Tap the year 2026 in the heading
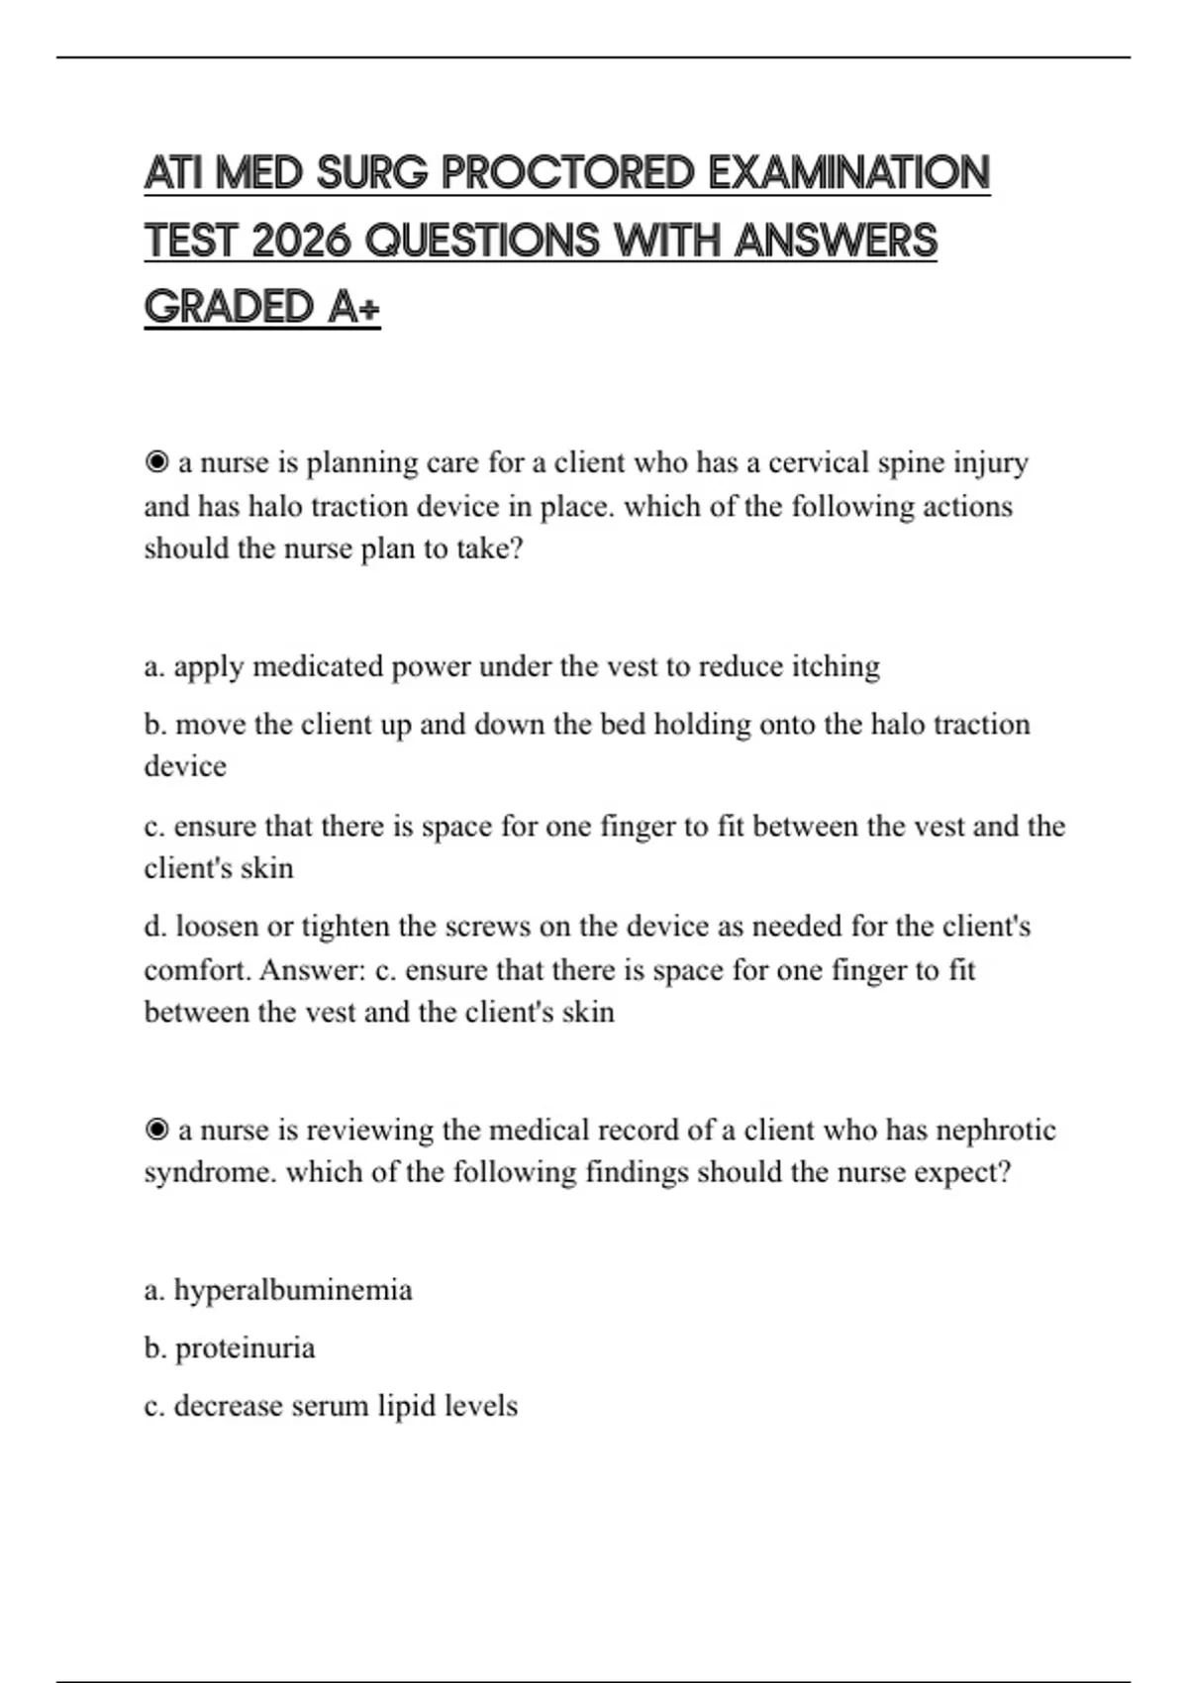click(302, 241)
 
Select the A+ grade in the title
click(352, 307)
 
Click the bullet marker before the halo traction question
click(156, 462)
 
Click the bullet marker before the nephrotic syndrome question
click(156, 1130)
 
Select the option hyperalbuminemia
click(292, 1290)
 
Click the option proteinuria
click(245, 1348)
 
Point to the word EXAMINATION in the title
click(848, 173)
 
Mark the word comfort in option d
click(196, 969)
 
